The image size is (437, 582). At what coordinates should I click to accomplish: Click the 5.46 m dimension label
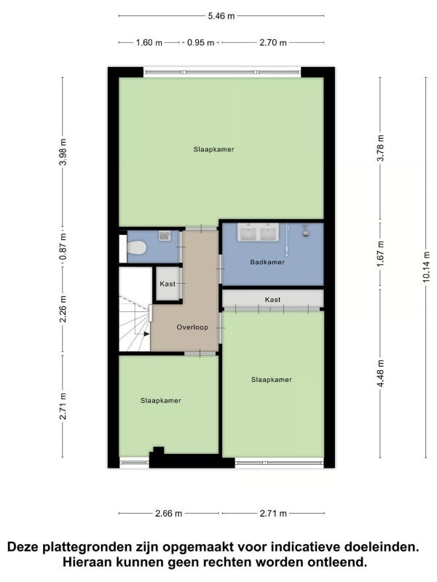point(221,16)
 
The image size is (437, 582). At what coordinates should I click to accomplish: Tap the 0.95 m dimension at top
point(201,43)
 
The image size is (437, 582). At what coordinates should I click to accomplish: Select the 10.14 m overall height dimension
point(426,267)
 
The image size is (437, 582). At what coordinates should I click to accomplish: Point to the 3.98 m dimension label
point(63,152)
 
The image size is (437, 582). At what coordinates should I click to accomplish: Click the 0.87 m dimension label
point(63,247)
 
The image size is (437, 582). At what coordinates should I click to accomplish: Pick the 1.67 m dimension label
point(380,254)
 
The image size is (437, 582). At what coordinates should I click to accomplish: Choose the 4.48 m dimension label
point(380,373)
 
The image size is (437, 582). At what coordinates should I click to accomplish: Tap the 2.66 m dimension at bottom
point(168,514)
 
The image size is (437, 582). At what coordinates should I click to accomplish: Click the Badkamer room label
point(267,262)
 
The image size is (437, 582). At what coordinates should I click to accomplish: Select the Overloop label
point(192,327)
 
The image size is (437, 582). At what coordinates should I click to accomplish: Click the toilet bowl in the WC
point(136,247)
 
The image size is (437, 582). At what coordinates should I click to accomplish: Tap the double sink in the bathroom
point(259,232)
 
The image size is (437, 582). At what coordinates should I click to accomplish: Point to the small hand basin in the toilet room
point(165,235)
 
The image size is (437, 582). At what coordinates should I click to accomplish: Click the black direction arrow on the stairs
point(146,334)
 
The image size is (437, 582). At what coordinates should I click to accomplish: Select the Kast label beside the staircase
point(168,284)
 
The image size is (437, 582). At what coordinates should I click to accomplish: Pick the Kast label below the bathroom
point(272,300)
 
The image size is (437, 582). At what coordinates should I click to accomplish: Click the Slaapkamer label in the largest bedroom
point(213,150)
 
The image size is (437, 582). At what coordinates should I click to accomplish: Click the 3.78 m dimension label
point(380,148)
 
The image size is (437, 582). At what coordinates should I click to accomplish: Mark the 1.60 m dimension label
point(149,43)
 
